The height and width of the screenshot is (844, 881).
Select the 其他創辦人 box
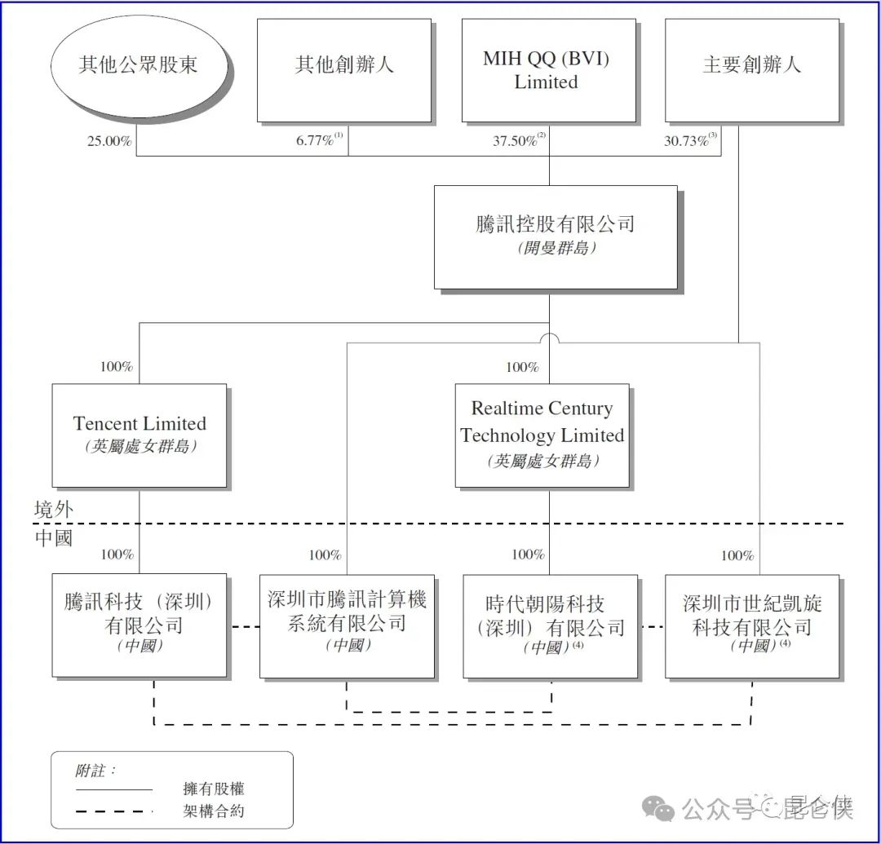[x=344, y=70]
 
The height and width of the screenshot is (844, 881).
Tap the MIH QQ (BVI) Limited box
[x=548, y=70]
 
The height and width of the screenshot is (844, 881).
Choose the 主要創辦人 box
[x=752, y=70]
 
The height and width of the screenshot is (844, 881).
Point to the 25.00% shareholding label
[x=109, y=141]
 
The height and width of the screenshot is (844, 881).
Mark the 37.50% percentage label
[x=519, y=139]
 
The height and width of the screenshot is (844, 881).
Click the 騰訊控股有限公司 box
[x=556, y=237]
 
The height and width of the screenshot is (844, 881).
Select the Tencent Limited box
[x=139, y=435]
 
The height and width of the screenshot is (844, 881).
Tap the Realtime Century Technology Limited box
[x=542, y=435]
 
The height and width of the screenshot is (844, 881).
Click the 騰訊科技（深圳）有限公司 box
[x=139, y=625]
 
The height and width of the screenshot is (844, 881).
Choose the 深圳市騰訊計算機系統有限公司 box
[x=347, y=625]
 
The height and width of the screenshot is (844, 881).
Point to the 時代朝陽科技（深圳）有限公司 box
[x=550, y=625]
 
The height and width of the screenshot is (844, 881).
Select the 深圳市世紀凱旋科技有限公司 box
[x=752, y=625]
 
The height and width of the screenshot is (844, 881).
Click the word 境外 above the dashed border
[x=53, y=510]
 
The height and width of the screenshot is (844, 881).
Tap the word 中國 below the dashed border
[x=53, y=538]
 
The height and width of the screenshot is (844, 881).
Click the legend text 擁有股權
[x=214, y=789]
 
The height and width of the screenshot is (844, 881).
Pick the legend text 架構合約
[x=214, y=811]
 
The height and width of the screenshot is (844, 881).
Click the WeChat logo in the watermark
[x=658, y=809]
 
